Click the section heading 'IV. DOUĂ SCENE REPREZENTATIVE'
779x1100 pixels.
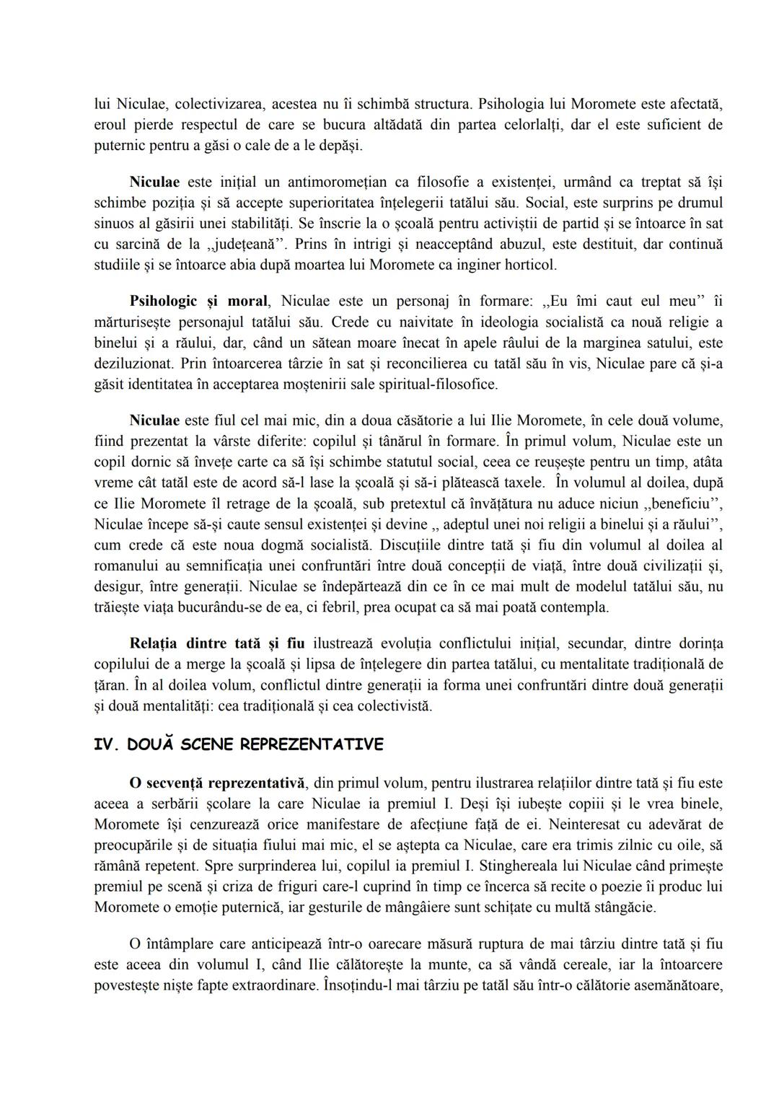click(x=239, y=744)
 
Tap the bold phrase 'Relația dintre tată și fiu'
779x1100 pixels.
click(x=217, y=643)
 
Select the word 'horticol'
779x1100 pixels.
click(x=532, y=265)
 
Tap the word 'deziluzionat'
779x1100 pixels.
click(x=134, y=364)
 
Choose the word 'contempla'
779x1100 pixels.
click(x=578, y=607)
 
